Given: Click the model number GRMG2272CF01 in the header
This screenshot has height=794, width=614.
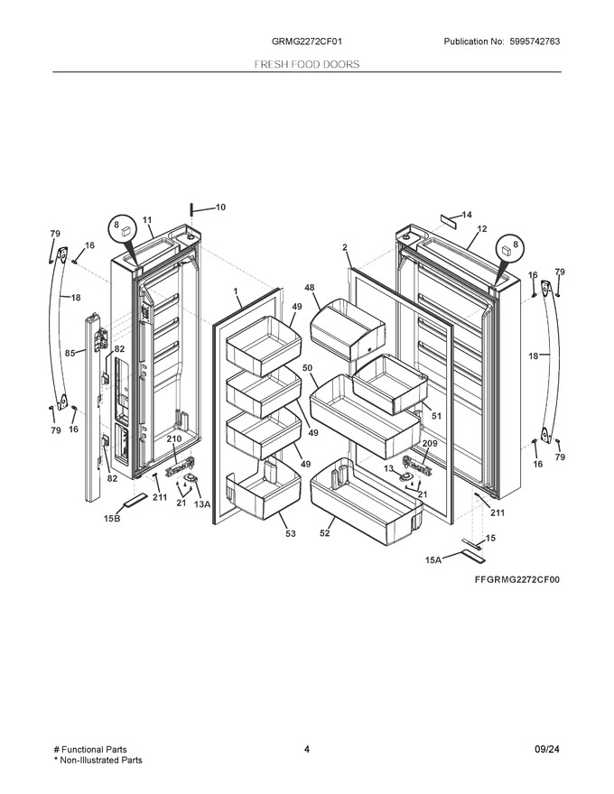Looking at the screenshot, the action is coord(306,42).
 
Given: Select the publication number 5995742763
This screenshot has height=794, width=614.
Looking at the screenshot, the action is coord(533,42).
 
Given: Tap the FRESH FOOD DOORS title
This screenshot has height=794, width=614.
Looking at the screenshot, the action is coord(306,64).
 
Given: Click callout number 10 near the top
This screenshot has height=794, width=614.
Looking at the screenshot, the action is coord(220,208).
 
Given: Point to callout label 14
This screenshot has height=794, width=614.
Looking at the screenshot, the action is coord(467,215).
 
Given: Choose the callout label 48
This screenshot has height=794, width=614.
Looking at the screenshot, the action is coord(309,288).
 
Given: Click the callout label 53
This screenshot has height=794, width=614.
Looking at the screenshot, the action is coord(290,534).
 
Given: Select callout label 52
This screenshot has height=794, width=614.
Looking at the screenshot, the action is coord(325,533).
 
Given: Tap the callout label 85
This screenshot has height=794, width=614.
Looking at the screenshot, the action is coord(70,353).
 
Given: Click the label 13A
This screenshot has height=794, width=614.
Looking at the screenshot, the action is coord(202,503).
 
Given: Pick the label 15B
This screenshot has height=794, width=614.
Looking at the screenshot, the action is coord(112,519).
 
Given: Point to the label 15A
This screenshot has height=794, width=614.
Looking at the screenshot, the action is coord(433,560).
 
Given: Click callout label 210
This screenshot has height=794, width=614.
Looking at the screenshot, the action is coord(174,439).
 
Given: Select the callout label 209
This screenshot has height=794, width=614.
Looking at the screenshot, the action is coord(430,444).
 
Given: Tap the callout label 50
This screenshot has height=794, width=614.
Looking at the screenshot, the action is coord(308,367).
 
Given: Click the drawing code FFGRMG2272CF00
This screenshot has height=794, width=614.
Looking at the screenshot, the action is coord(517,580).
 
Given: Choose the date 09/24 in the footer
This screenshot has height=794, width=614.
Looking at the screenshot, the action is coord(547,750).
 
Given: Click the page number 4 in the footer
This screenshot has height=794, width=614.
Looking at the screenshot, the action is coord(306,750).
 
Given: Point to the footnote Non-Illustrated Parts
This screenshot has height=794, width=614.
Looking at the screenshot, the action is coord(101,760).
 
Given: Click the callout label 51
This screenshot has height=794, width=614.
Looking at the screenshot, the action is coord(436,416).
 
